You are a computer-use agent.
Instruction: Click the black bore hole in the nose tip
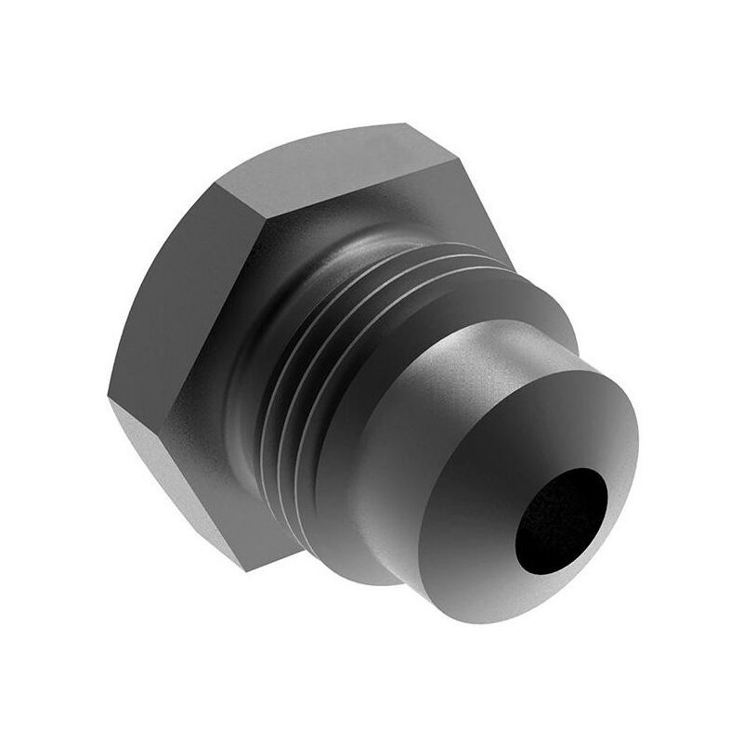(560, 517)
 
